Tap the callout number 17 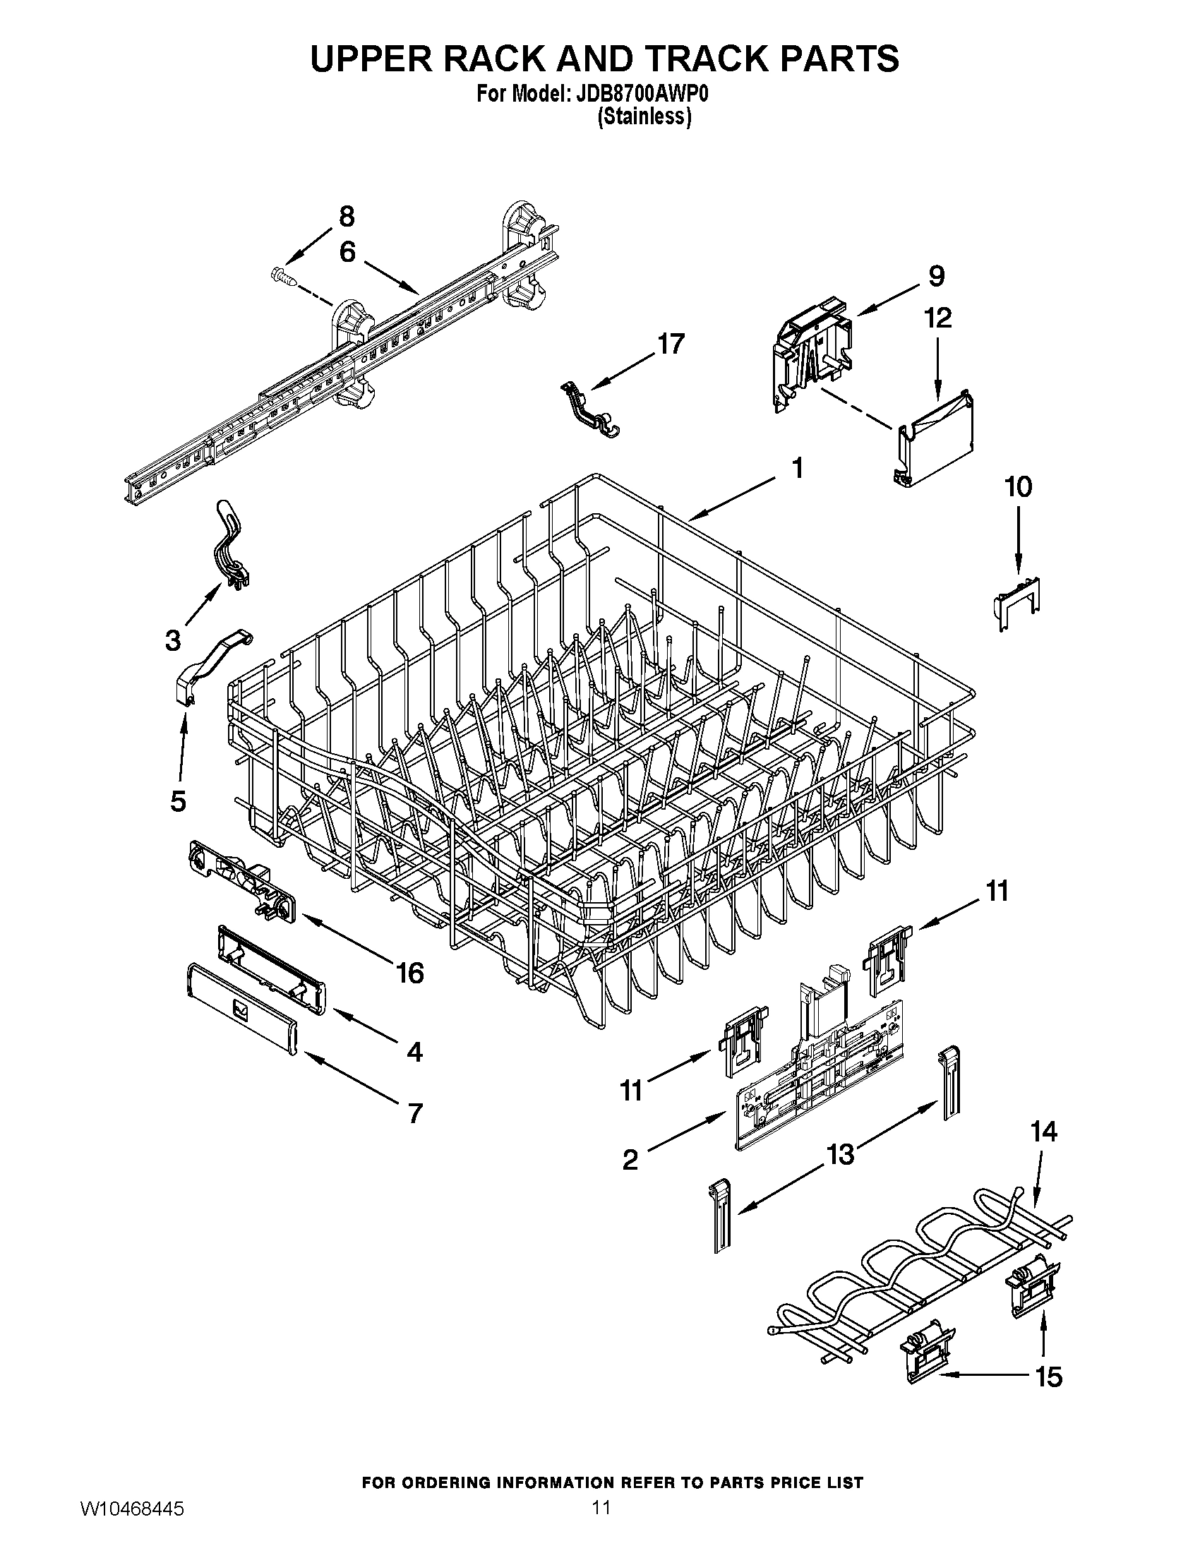click(670, 344)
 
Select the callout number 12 click(937, 318)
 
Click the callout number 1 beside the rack click(798, 469)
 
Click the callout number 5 click(178, 801)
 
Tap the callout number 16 click(410, 972)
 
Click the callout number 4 click(414, 1051)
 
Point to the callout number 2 click(630, 1161)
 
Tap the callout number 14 click(1043, 1131)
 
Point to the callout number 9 click(936, 275)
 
